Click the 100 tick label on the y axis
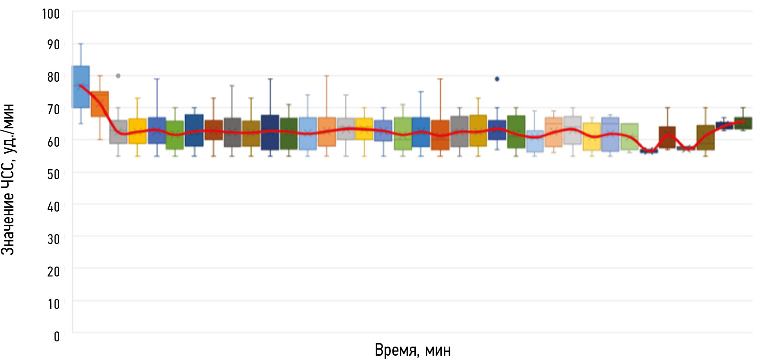(51, 14)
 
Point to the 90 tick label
(53, 45)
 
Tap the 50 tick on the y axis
(53, 174)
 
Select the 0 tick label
(57, 337)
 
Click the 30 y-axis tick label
(53, 239)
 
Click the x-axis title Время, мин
(412, 350)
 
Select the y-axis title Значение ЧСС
(8, 180)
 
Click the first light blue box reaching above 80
(81, 87)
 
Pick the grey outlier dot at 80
(118, 76)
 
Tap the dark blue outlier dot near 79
(497, 79)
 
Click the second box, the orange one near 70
(100, 104)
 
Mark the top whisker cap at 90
(81, 44)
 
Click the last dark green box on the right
(743, 123)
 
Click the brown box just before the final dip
(667, 137)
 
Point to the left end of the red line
(80, 85)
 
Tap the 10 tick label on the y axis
(53, 304)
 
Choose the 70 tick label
(53, 109)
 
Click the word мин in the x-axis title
(438, 350)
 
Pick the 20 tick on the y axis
(53, 272)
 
